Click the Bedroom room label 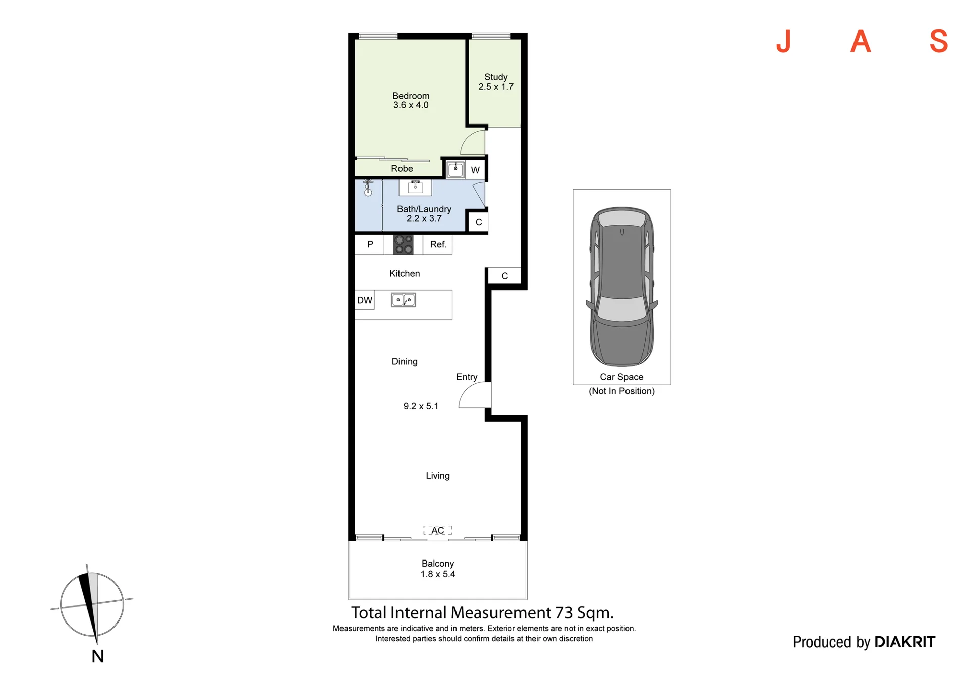coord(411,96)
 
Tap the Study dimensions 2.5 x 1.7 coord(496,87)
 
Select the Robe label coord(402,169)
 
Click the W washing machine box coord(475,170)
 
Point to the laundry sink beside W coord(455,169)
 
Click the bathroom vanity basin coord(415,187)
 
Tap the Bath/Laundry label coord(424,209)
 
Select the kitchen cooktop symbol coord(404,244)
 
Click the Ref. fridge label coord(438,244)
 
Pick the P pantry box coord(369,244)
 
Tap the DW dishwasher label coord(364,300)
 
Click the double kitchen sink coord(404,300)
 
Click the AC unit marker coord(437,530)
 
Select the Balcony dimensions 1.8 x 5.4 coord(438,574)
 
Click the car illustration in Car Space coord(621,286)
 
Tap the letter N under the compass coord(98,656)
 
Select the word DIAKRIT coord(905,642)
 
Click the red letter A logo coord(861,41)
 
